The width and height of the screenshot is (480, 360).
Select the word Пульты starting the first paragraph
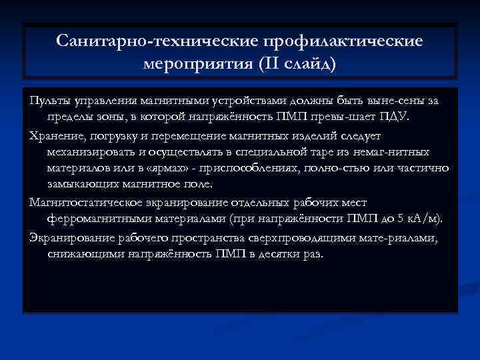(x=49, y=100)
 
